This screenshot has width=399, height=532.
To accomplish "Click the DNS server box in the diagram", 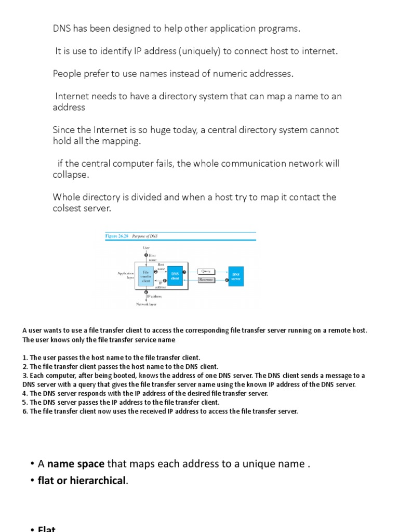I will point(236,276).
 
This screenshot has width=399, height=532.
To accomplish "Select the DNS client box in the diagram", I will point(175,276).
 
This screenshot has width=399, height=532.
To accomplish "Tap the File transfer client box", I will point(146,276).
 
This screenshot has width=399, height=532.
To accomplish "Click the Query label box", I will point(206,271).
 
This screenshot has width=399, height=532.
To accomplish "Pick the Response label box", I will point(206,280).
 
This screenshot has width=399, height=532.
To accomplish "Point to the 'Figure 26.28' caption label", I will point(117,236).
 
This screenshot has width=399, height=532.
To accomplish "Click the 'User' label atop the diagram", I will point(146,248).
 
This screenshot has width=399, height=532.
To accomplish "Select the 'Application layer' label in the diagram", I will point(126,275).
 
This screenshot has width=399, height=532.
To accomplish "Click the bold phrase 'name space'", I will point(76,463).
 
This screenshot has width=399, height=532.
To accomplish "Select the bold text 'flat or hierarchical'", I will point(82,480).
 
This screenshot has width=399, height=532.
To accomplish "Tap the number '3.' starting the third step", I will point(25,376).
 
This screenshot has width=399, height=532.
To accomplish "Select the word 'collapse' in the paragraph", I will point(70,175).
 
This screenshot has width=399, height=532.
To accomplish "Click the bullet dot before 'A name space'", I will point(32,464).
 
